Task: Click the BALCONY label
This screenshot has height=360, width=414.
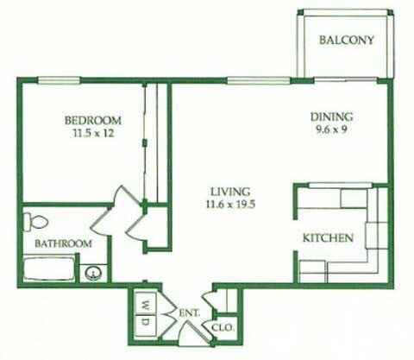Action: tap(346, 41)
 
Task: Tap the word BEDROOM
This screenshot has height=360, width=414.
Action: tap(92, 121)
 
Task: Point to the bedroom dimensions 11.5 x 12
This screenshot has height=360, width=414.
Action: tap(92, 135)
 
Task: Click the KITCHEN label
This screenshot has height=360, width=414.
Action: tap(326, 237)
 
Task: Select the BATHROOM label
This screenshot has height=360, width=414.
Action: tap(63, 244)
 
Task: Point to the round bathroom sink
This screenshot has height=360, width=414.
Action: tap(94, 275)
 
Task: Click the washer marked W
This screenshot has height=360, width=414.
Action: tap(144, 304)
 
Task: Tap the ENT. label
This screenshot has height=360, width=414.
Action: tap(190, 313)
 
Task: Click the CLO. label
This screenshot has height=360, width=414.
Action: tap(222, 329)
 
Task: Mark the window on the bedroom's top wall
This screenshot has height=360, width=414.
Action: tap(59, 81)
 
